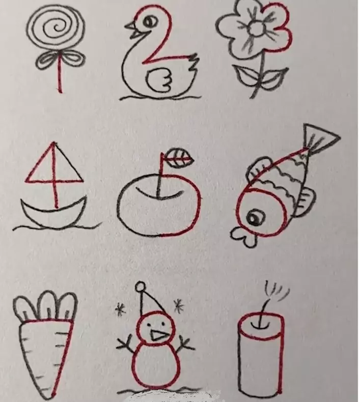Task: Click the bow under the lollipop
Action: [x=60, y=60]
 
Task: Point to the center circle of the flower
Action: [x=256, y=28]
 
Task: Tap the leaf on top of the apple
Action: [x=179, y=157]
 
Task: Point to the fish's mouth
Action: [x=244, y=237]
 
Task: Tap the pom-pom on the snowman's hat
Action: [x=141, y=286]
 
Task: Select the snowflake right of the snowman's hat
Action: [x=179, y=306]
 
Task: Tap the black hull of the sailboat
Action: [x=54, y=212]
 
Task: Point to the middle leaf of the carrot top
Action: [x=48, y=305]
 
